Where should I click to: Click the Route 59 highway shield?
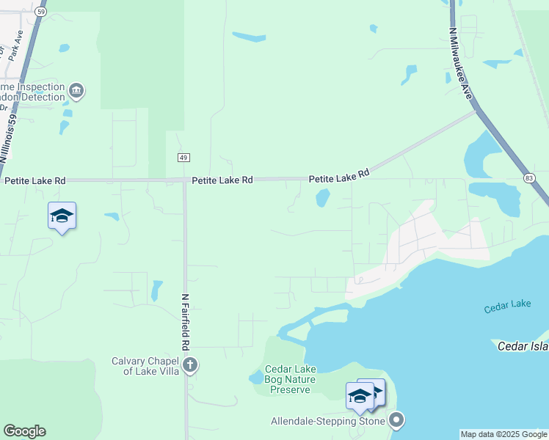pos(41,12)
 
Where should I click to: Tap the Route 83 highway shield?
pos(529,178)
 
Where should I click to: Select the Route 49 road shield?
pos(183,158)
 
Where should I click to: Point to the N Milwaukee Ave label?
pos(460,64)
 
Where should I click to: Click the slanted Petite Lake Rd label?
pos(339,176)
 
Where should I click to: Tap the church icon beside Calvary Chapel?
pos(190,365)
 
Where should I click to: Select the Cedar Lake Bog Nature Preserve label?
pos(290,380)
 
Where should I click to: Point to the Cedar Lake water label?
pos(507,307)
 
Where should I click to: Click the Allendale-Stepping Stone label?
pos(328,422)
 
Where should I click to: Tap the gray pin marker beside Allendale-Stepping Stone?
pos(396,421)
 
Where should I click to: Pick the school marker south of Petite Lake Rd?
pos(62,216)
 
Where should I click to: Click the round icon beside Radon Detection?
pos(76,92)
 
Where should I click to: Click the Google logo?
pos(24,431)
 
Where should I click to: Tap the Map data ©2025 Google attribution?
pos(504,435)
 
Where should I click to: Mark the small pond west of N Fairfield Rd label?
pos(156,290)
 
